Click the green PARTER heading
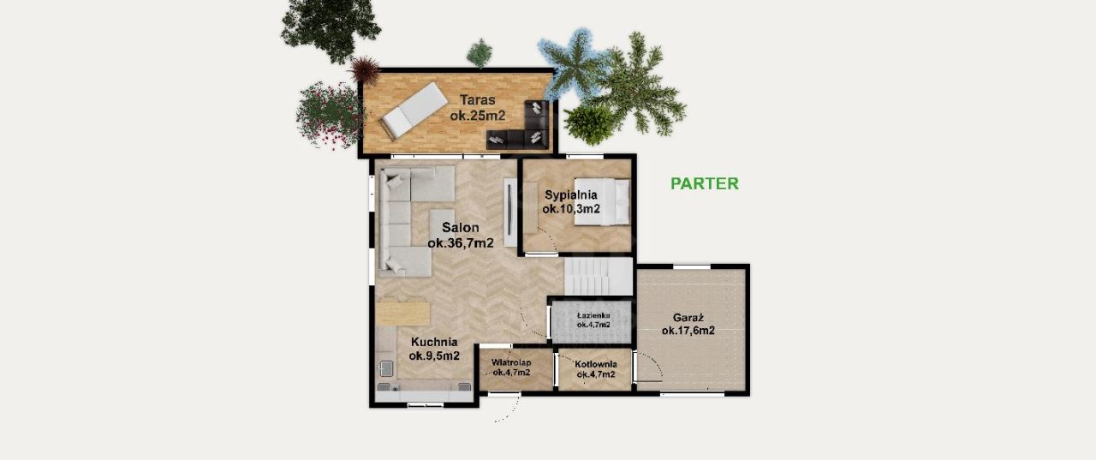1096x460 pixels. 704,183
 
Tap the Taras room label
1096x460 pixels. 478,108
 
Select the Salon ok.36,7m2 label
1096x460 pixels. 461,235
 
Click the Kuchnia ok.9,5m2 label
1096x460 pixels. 434,349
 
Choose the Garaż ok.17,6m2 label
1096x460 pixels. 688,324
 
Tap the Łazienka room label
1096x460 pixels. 593,320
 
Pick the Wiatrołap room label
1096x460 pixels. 511,367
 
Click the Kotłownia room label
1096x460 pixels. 596,369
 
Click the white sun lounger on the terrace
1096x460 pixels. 414,111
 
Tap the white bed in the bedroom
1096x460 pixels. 602,201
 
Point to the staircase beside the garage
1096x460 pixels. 599,277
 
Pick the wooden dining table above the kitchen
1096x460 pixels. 403,314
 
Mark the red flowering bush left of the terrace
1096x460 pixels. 330,116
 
